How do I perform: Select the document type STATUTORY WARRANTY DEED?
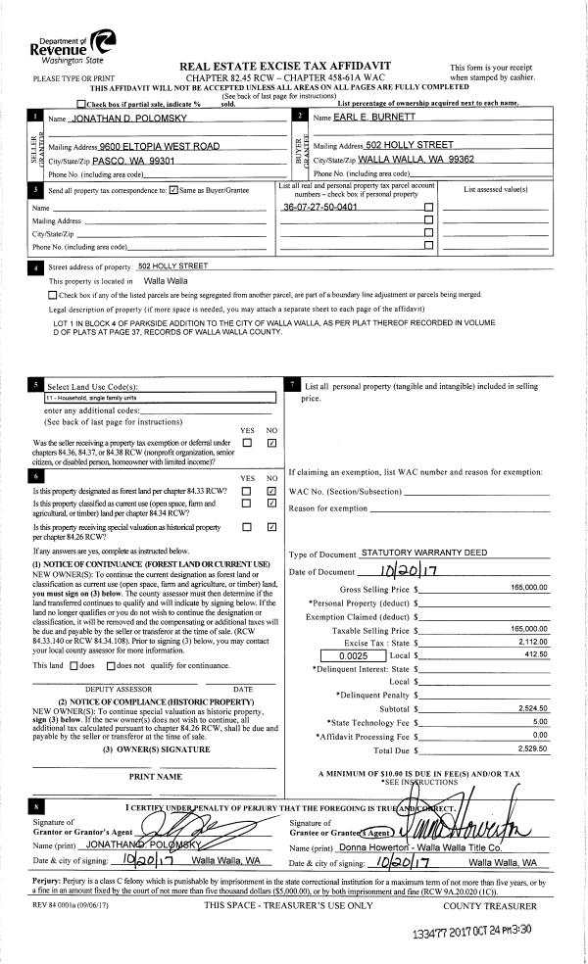(422, 554)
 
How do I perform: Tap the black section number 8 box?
(36, 805)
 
